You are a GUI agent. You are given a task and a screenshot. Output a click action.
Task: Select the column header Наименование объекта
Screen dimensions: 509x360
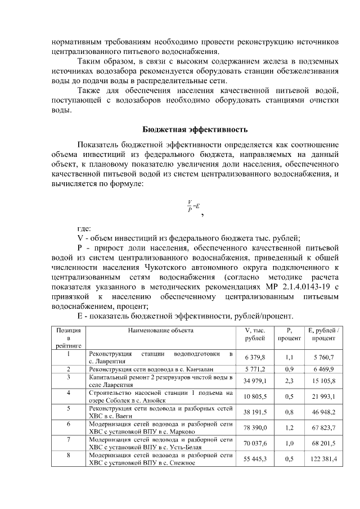[x=160, y=332]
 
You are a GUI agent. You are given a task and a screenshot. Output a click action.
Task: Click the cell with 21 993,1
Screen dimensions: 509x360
[x=324, y=397]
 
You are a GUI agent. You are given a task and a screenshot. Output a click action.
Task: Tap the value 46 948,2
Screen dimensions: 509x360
[x=324, y=412]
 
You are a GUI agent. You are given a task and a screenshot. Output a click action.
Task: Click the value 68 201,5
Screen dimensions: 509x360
[x=324, y=443]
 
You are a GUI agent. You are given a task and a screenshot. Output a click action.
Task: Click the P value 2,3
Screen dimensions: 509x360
[x=289, y=381]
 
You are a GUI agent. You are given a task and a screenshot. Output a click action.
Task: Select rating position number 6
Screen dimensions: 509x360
[x=68, y=424]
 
